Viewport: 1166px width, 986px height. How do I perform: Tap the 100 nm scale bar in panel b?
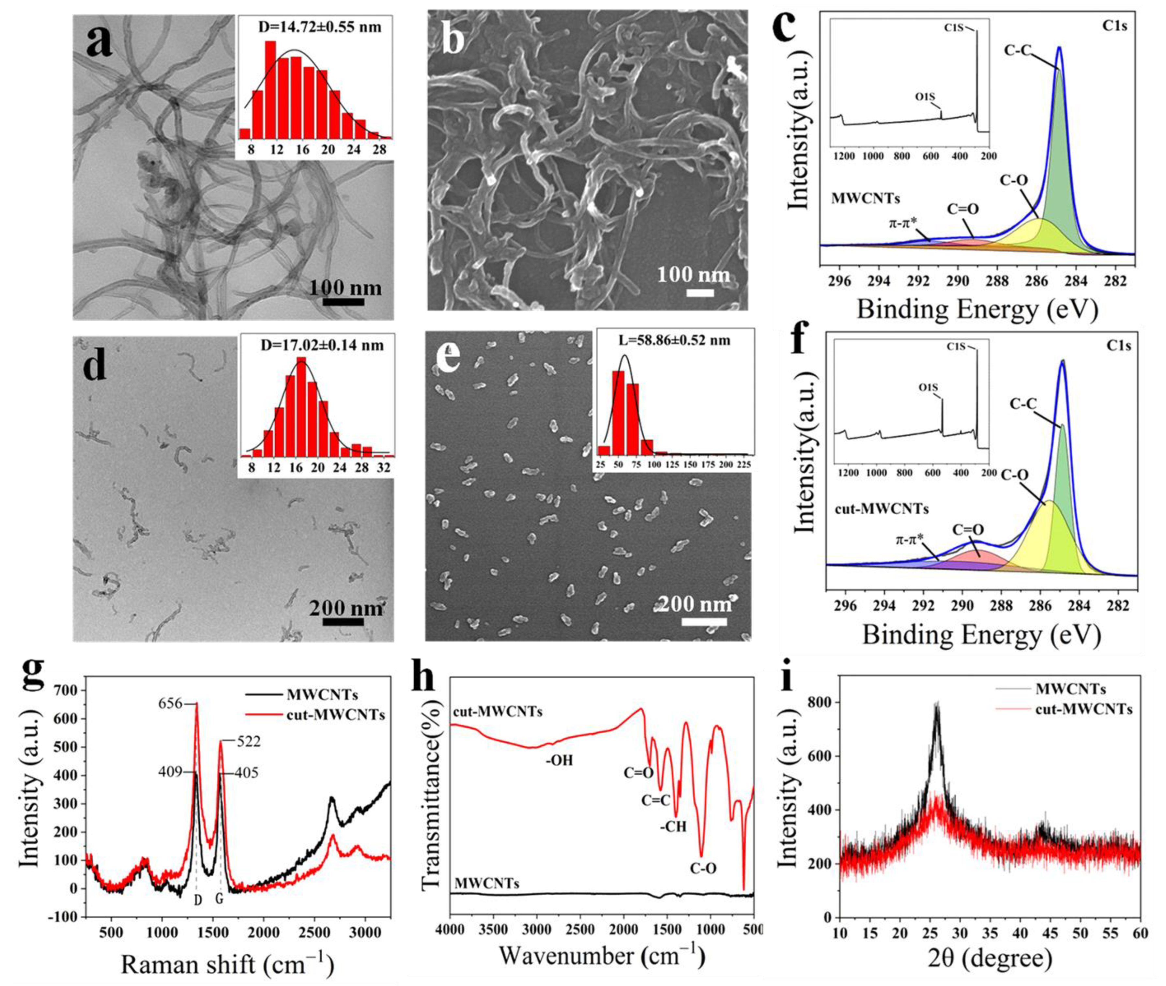pyautogui.click(x=700, y=292)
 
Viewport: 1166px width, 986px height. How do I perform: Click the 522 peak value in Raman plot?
pyautogui.click(x=248, y=742)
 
